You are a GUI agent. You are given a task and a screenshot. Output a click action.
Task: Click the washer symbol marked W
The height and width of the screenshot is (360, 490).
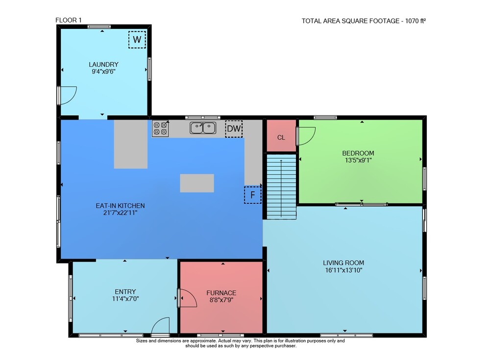coord(137,40)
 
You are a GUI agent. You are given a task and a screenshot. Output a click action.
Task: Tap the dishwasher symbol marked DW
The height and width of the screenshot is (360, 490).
coord(234,129)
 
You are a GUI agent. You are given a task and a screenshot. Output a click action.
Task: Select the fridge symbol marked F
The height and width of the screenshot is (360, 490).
coord(252,195)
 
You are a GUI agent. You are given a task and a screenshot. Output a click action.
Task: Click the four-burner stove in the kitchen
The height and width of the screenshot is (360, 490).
coord(160,129)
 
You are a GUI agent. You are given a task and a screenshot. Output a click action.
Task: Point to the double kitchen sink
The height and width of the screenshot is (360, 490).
coord(203,128)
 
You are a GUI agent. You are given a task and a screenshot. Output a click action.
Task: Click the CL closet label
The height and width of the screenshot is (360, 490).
coord(281,138)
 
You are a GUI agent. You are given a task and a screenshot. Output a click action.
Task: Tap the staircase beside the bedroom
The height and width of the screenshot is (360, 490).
coord(281,187)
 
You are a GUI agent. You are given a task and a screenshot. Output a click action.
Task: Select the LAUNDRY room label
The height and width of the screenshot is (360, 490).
coord(103,64)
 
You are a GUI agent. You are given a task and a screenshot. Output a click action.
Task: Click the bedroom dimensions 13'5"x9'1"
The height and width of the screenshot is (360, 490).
coord(358,160)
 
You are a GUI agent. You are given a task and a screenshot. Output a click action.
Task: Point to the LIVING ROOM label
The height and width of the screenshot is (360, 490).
coord(343,263)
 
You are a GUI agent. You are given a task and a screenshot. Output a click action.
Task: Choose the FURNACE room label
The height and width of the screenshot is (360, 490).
coord(221,293)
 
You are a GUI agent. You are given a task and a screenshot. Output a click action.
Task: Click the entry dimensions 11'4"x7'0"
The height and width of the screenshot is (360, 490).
coord(125,299)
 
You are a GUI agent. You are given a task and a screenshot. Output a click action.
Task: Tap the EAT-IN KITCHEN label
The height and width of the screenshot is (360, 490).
coord(121,206)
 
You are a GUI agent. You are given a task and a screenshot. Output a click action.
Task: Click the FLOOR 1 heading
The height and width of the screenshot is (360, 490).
coord(69,20)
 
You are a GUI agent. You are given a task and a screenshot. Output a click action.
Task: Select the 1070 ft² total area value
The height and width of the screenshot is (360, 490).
coord(416,21)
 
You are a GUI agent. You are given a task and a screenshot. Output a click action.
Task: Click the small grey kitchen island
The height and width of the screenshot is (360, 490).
coord(197,183)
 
